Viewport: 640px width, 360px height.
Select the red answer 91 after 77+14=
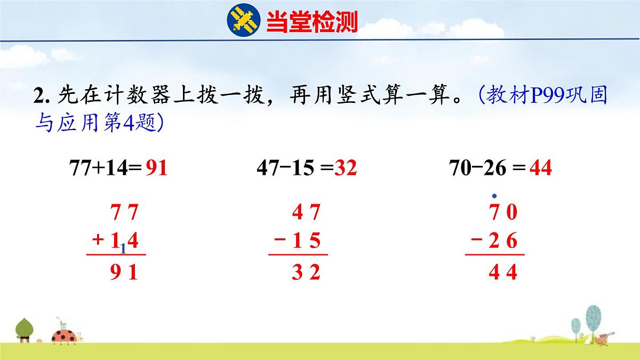click(156, 169)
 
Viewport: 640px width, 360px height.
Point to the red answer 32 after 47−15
click(346, 169)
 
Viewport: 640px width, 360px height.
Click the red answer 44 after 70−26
click(541, 169)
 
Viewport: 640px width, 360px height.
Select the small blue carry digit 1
click(123, 249)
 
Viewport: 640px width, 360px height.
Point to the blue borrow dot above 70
click(494, 196)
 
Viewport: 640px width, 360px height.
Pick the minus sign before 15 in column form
click(279, 241)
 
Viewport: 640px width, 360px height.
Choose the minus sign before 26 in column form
click(476, 241)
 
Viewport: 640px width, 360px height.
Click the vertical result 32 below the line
click(306, 273)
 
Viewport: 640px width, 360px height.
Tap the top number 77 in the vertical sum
click(125, 213)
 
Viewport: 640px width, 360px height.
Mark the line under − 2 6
click(494, 255)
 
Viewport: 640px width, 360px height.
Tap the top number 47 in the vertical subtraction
click(306, 213)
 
